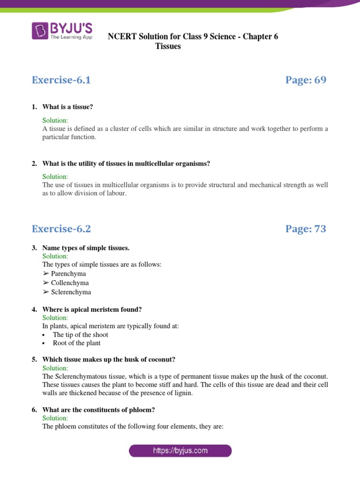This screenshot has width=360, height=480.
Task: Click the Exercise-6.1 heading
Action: click(61, 80)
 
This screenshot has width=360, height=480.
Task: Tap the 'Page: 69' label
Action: click(306, 80)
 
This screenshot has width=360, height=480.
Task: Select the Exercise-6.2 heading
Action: click(61, 229)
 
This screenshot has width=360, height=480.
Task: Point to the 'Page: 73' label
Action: click(306, 229)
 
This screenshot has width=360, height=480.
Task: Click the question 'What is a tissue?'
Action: click(67, 107)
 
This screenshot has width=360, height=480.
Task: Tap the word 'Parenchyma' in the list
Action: click(68, 274)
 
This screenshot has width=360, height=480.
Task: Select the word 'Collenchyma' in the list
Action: click(70, 283)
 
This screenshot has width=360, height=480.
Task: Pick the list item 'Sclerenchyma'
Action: click(71, 292)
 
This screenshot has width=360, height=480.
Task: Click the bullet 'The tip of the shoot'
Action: click(80, 335)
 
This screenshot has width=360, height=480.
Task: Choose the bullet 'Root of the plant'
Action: click(76, 343)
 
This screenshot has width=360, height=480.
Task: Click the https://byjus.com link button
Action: click(180, 451)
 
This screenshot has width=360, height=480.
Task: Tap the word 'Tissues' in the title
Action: click(168, 46)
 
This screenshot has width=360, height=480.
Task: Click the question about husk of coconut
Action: click(109, 360)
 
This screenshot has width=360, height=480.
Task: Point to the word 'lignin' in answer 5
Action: click(183, 393)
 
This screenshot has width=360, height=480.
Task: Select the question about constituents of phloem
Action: click(98, 410)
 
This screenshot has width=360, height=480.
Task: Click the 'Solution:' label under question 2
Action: click(55, 177)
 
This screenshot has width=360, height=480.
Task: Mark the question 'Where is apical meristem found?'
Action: click(92, 309)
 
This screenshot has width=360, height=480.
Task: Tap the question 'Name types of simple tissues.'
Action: click(86, 247)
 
